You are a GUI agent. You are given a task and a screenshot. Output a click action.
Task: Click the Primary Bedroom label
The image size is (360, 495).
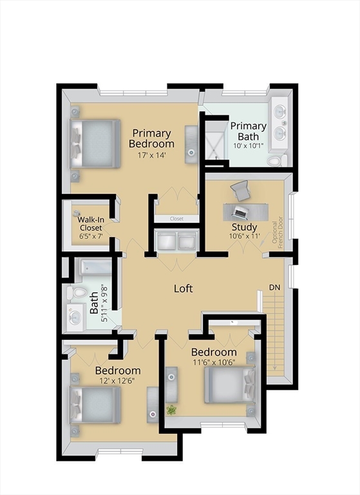tap(151, 139)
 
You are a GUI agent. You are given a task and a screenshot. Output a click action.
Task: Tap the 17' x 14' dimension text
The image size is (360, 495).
tap(152, 155)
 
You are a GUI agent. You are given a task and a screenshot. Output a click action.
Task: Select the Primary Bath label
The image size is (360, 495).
tap(249, 131)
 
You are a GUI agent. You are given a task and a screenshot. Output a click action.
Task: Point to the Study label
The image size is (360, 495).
tap(244, 227)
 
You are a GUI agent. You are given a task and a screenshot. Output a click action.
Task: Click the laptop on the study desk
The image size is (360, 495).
tap(239, 211)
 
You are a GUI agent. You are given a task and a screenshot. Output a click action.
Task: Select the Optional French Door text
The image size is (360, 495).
tap(278, 232)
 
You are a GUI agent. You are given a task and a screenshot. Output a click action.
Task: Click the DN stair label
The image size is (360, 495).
tap(274, 287)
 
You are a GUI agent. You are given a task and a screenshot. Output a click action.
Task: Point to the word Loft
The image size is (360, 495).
tap(184, 289)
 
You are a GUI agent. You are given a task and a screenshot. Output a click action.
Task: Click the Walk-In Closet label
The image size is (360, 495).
tap(91, 224)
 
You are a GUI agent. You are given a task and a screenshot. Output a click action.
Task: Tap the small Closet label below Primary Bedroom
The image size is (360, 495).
tap(176, 218)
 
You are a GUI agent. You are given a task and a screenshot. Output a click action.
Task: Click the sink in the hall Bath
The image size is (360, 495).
tap(75, 317)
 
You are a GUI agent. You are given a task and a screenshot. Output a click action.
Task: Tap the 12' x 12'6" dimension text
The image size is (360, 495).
tap(117, 381)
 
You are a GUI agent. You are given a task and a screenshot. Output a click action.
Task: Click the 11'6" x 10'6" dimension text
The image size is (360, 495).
tap(214, 362)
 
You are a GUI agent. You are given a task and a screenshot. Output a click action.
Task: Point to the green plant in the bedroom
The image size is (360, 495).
tap(171, 410)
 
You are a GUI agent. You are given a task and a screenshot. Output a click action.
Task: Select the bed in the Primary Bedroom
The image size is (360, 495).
tap(95, 144)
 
